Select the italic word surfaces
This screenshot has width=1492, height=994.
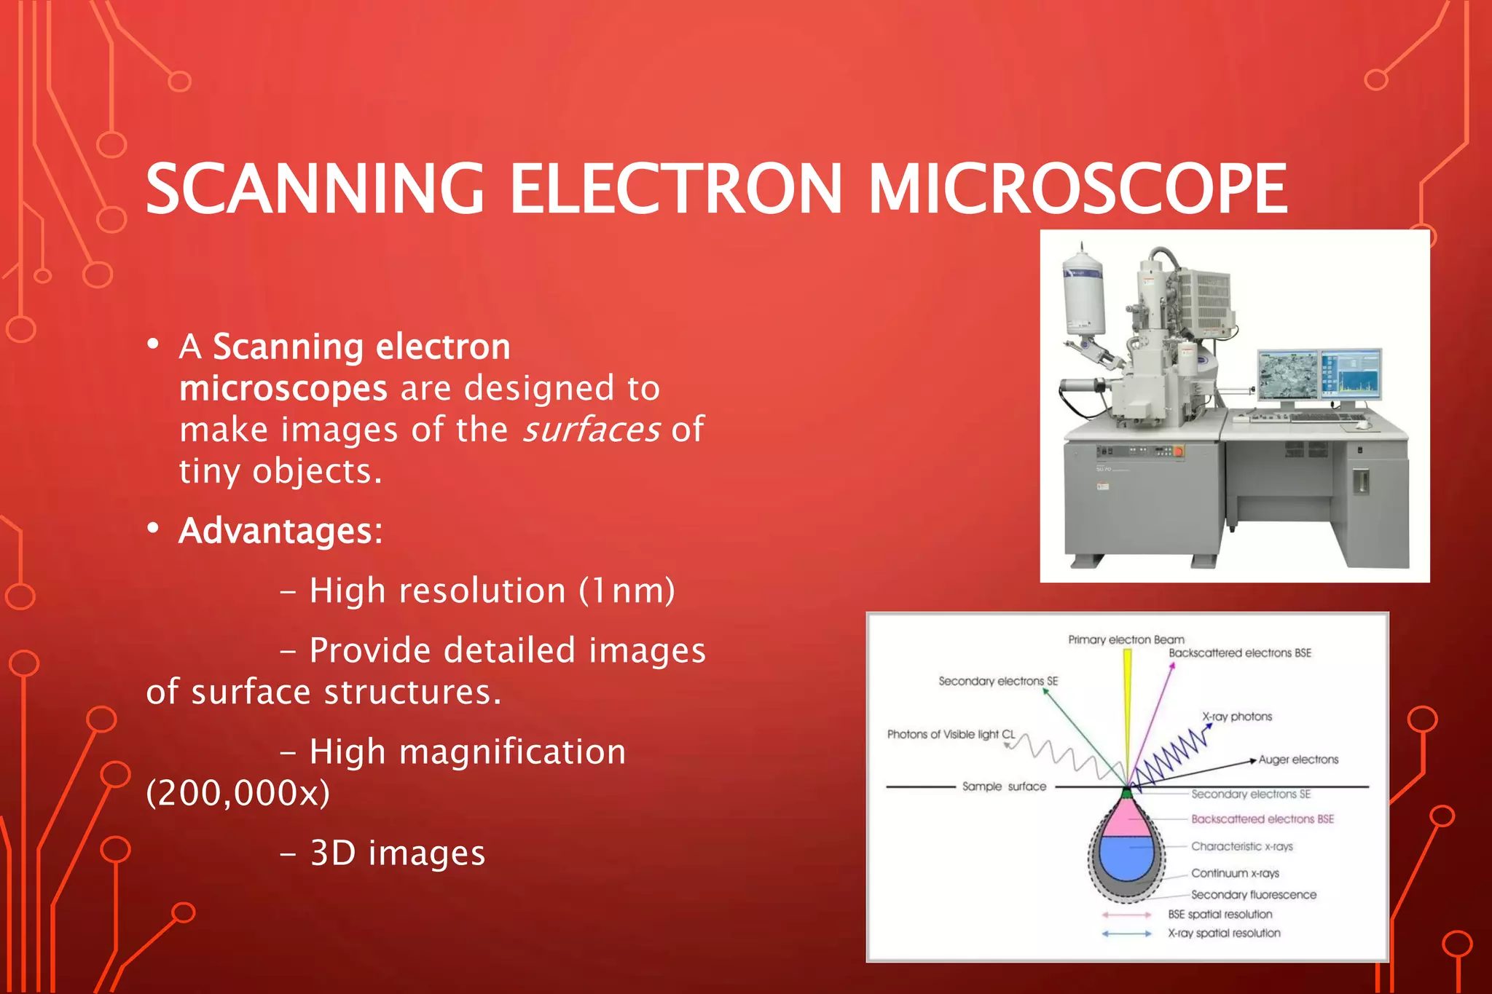[592, 430]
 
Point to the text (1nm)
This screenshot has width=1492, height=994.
[627, 591]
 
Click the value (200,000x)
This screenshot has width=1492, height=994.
[237, 793]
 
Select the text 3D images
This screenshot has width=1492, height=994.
[397, 853]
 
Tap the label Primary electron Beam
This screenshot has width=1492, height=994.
[1126, 639]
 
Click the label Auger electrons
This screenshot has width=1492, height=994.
[1298, 760]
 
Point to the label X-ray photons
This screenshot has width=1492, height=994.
[1237, 717]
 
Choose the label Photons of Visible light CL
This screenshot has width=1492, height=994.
[950, 734]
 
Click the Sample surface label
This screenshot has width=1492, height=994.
[1003, 786]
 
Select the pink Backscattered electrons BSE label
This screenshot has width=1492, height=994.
[1262, 819]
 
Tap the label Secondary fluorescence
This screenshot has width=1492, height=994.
[1253, 894]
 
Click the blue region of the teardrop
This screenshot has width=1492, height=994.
[1126, 856]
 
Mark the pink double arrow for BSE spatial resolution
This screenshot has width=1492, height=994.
[1126, 915]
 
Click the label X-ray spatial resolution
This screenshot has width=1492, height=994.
[1224, 933]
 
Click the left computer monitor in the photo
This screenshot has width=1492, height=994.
[1288, 375]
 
